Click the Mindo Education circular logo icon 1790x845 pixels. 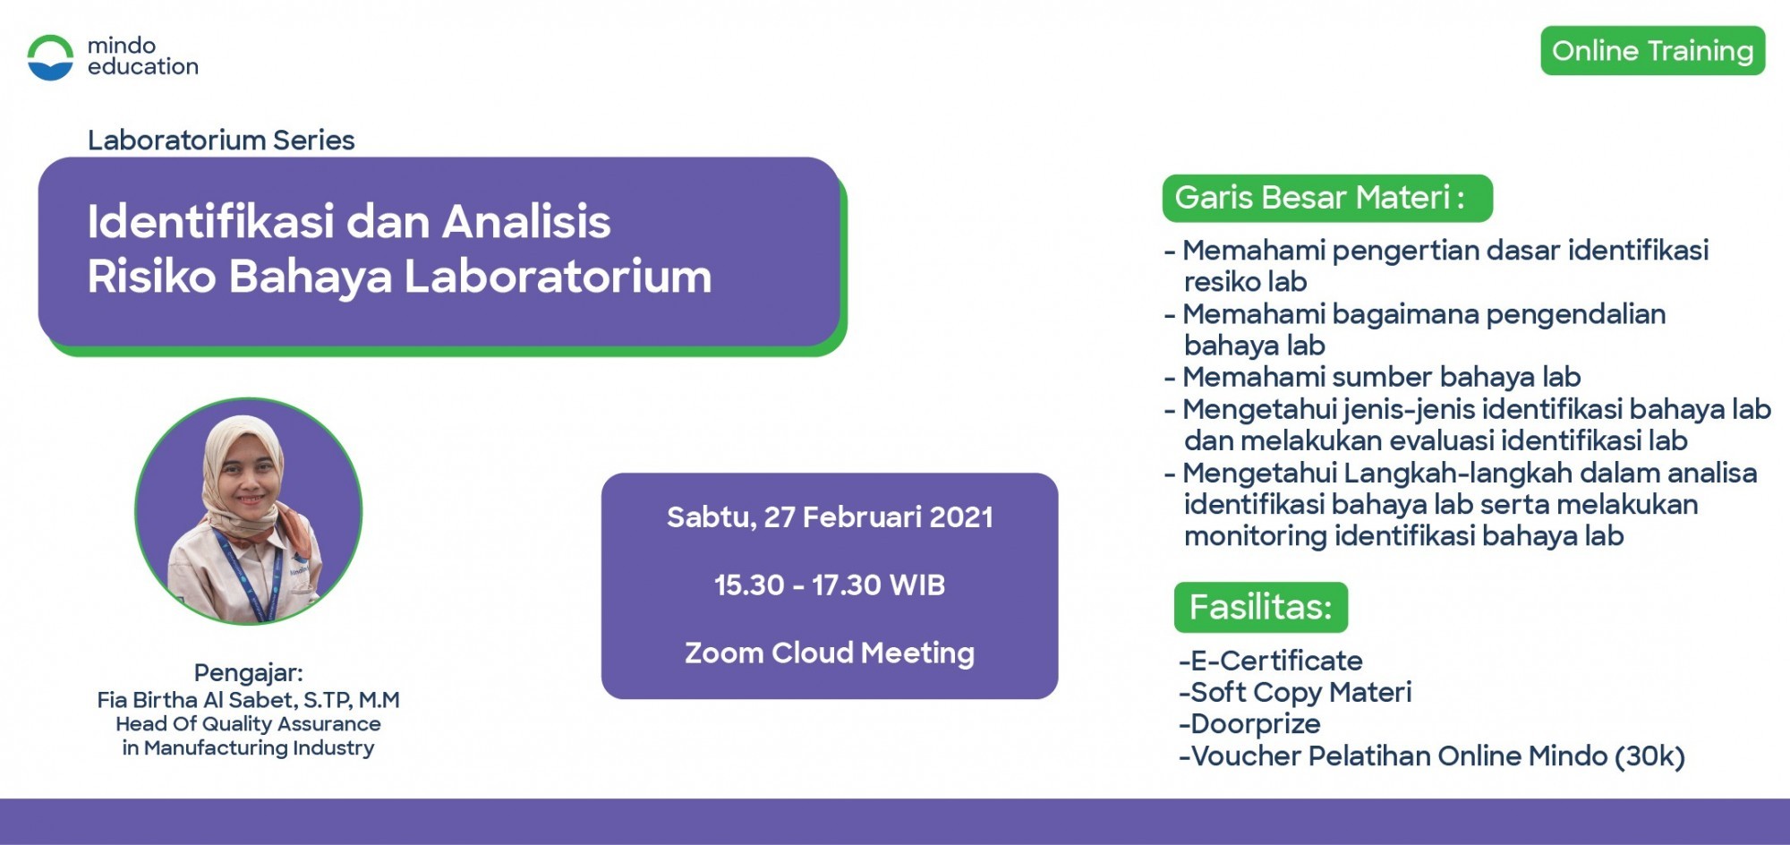point(50,57)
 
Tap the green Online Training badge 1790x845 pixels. point(1652,51)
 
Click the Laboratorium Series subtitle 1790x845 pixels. point(221,141)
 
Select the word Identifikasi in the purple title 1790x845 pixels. point(210,221)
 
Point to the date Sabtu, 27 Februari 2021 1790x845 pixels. point(830,517)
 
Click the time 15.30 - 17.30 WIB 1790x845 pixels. point(830,585)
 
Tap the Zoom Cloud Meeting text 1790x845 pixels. point(830,653)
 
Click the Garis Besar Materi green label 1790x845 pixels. point(1327,198)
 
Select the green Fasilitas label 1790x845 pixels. point(1261,607)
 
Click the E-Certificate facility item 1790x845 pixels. point(1271,661)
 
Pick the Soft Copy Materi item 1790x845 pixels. point(1295,693)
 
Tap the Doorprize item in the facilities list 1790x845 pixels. point(1249,724)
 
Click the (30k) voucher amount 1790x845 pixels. point(1649,756)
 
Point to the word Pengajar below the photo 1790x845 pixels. point(248,673)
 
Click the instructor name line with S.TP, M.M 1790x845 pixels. point(248,700)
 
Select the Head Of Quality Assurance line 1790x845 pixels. point(248,723)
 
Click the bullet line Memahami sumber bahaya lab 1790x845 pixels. point(1373,377)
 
